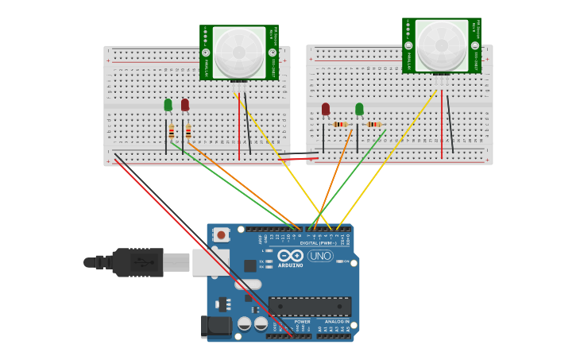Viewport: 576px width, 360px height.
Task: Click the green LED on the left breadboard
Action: [x=168, y=105]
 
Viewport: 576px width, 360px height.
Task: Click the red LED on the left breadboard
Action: [x=185, y=105]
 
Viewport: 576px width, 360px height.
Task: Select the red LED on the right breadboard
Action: [x=326, y=109]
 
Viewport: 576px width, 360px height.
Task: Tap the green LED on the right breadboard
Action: [x=359, y=109]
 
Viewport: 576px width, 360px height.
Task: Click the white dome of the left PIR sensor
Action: [x=239, y=52]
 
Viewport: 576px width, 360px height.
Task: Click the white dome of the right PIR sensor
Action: [x=442, y=45]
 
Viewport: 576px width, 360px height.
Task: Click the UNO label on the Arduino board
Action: [x=320, y=256]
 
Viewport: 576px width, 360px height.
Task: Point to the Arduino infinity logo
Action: [x=290, y=255]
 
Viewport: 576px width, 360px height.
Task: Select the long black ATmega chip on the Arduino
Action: [x=309, y=307]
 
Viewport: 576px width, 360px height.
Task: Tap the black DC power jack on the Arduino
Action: [x=215, y=326]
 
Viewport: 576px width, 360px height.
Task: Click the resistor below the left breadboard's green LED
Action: [x=171, y=131]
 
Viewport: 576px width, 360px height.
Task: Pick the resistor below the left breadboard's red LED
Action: [x=188, y=131]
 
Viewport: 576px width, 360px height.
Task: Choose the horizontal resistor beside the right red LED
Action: [x=340, y=124]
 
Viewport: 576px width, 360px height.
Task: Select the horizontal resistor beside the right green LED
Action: [x=373, y=124]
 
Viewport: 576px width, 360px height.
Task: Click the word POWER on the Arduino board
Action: [x=302, y=322]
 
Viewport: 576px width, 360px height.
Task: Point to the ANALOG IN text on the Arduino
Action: [x=337, y=322]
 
